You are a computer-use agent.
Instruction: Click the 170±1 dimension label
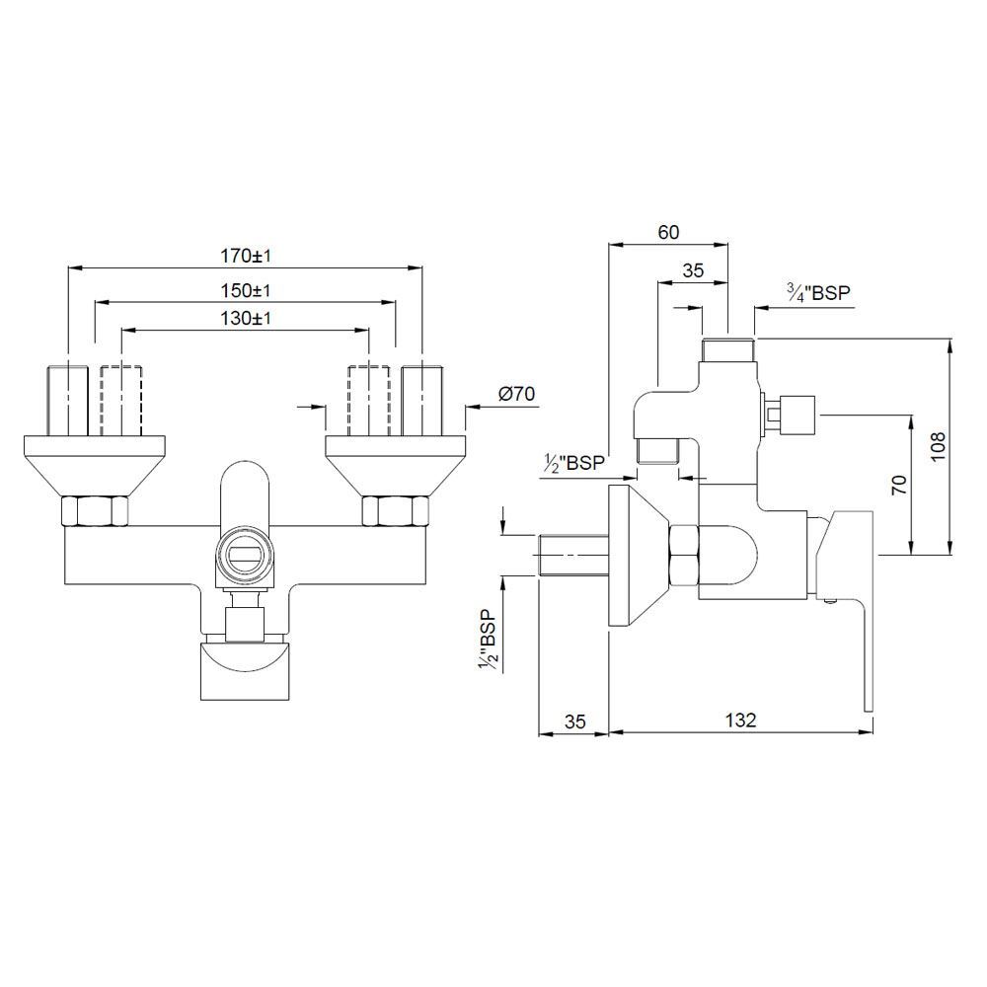[245, 256]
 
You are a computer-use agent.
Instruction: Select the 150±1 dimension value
[245, 291]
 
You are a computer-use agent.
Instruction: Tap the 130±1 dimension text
[245, 319]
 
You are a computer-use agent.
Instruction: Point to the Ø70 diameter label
[516, 394]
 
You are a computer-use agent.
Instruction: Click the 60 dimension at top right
[668, 232]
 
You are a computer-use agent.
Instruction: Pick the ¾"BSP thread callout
[818, 292]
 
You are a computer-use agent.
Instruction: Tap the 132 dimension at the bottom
[740, 720]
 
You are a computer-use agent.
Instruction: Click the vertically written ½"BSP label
[486, 642]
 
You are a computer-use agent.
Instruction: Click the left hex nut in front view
[95, 512]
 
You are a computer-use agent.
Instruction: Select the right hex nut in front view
[396, 512]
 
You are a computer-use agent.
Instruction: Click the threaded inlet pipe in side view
[572, 556]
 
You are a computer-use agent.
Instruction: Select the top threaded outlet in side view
[727, 350]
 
